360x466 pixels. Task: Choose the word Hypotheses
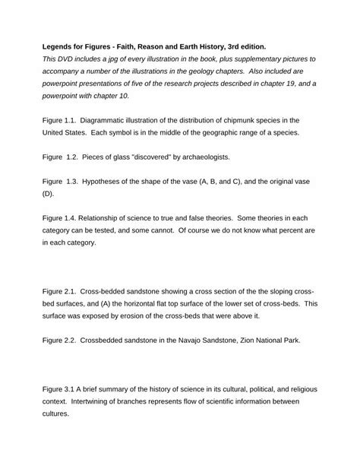click(109, 182)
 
